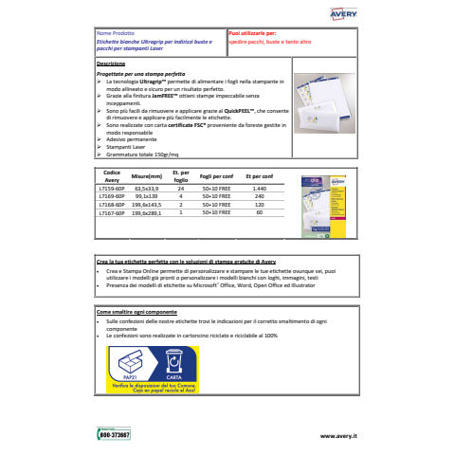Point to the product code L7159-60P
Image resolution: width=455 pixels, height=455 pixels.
(x=113, y=189)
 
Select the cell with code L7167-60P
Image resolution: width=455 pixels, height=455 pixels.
(x=113, y=213)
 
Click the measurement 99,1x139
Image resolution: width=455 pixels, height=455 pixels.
(x=146, y=196)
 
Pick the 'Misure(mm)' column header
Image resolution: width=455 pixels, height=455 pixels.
(x=147, y=176)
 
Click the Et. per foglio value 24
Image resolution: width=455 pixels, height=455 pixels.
(x=180, y=189)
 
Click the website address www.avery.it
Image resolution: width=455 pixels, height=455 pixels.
(x=337, y=435)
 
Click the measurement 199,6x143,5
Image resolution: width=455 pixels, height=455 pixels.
(x=147, y=205)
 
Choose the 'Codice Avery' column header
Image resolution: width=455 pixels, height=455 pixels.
(x=112, y=175)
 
